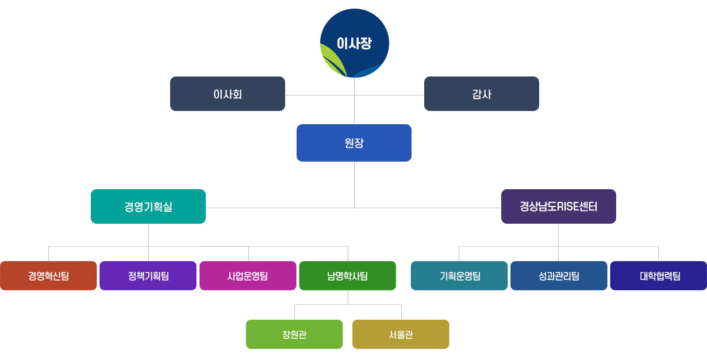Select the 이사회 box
click(x=228, y=94)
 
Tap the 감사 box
click(x=482, y=94)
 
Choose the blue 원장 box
click(x=354, y=143)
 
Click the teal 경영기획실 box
click(x=148, y=206)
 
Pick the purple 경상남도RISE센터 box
click(x=559, y=206)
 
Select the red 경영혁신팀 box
click(x=48, y=276)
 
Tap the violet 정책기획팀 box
click(x=148, y=276)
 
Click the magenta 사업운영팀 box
click(x=248, y=276)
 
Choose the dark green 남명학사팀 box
click(x=348, y=276)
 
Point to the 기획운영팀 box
click(x=459, y=276)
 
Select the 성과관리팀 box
click(x=559, y=276)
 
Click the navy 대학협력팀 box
click(x=659, y=276)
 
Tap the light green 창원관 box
click(x=294, y=335)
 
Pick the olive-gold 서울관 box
click(x=401, y=335)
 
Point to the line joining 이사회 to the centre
click(x=319, y=95)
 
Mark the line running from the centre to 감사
click(x=390, y=95)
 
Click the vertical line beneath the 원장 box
click(x=354, y=184)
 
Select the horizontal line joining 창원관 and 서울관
click(x=348, y=304)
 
